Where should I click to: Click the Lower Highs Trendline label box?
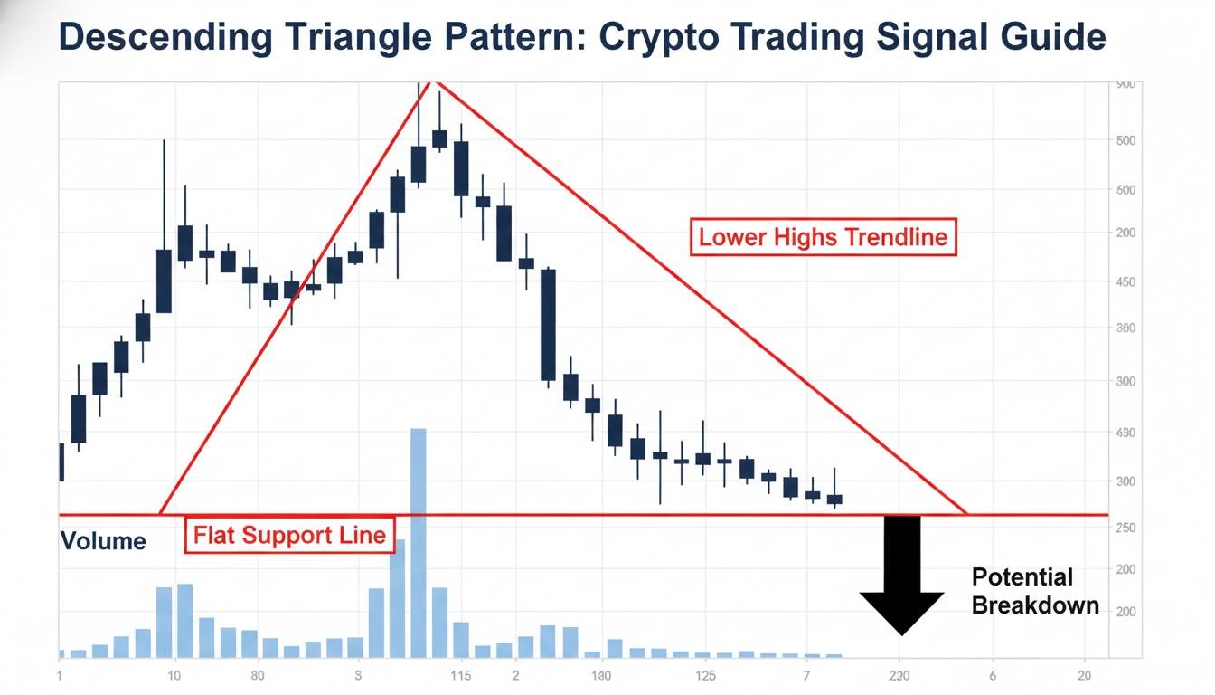[x=823, y=237]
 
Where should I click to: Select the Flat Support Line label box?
[x=289, y=534]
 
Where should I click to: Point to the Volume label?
[x=103, y=541]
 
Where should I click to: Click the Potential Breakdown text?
[x=1035, y=591]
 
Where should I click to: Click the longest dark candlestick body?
[x=548, y=324]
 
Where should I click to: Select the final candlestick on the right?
[x=834, y=499]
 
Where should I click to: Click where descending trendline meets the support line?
[x=967, y=515]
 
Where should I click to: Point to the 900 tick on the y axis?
[x=1125, y=84]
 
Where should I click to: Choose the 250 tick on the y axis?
[x=1126, y=528]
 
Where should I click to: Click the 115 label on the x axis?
[x=460, y=676]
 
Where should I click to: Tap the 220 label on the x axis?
[x=899, y=676]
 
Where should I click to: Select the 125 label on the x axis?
[x=706, y=676]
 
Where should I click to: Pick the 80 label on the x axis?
[x=258, y=676]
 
